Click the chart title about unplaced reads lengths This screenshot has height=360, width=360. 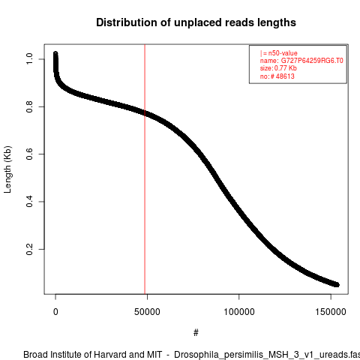196,22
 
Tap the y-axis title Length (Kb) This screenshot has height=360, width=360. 7,169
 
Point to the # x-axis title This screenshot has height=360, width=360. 196,332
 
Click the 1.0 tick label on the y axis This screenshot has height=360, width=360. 29,58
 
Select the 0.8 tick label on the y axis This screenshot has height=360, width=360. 29,106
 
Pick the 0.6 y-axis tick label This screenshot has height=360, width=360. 29,154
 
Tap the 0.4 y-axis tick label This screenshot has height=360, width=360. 29,202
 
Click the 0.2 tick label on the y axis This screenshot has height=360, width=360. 29,249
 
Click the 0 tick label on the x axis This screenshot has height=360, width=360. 55,312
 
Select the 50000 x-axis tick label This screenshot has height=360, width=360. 147,312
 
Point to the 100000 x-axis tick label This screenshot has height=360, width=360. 239,312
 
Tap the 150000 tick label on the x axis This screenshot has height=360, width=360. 331,312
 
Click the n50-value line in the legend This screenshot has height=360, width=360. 279,53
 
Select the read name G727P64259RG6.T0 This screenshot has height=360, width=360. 312,61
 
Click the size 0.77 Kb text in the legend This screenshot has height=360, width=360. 278,68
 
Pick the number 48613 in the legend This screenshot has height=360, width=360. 285,76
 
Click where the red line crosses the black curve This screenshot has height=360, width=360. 145,113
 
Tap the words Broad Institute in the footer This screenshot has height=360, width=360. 50,355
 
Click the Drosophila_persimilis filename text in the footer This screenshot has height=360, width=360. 267,355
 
